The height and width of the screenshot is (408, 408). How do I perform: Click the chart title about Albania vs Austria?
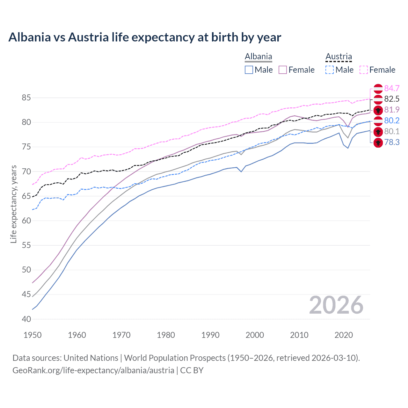pyautogui.click(x=145, y=37)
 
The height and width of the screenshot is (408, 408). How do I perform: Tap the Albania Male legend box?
pyautogui.click(x=249, y=70)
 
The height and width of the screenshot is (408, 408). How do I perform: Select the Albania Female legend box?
pyautogui.click(x=283, y=70)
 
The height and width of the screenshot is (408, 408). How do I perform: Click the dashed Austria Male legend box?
pyautogui.click(x=330, y=70)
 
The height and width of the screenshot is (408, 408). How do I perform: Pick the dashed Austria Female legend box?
pyautogui.click(x=364, y=70)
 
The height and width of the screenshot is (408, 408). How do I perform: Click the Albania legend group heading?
pyautogui.click(x=258, y=57)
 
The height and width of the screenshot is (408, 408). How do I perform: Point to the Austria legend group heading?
pyautogui.click(x=339, y=57)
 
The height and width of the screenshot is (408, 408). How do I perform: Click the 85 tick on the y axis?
pyautogui.click(x=26, y=98)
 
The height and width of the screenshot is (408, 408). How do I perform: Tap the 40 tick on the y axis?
pyautogui.click(x=26, y=319)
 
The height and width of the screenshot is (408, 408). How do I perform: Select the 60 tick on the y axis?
pyautogui.click(x=26, y=221)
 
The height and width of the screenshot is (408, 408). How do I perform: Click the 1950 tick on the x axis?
pyautogui.click(x=33, y=335)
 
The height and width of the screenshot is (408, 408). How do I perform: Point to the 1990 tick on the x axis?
pyautogui.click(x=210, y=335)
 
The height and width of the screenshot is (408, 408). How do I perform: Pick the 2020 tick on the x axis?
pyautogui.click(x=344, y=335)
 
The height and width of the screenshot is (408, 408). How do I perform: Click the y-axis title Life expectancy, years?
pyautogui.click(x=14, y=204)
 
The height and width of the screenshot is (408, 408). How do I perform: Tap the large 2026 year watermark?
pyautogui.click(x=336, y=305)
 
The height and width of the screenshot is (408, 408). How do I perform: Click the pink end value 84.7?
pyautogui.click(x=392, y=88)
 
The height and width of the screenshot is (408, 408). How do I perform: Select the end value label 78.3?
pyautogui.click(x=392, y=142)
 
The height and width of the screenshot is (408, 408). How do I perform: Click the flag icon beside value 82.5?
pyautogui.click(x=378, y=99)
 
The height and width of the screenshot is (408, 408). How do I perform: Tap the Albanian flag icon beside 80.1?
pyautogui.click(x=378, y=132)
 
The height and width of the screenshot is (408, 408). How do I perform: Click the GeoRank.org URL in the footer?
pyautogui.click(x=93, y=370)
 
